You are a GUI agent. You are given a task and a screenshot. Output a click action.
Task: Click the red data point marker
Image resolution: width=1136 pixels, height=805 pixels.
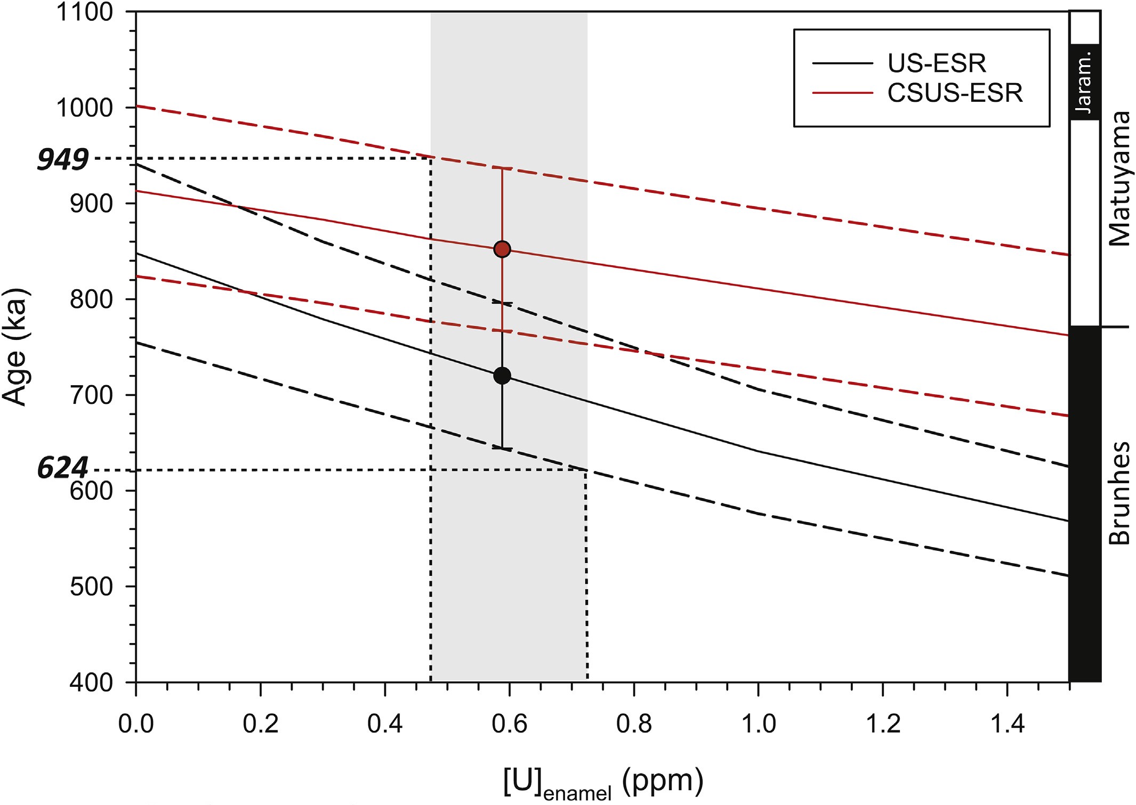502,249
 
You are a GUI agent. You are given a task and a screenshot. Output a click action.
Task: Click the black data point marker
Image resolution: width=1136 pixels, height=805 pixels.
502,376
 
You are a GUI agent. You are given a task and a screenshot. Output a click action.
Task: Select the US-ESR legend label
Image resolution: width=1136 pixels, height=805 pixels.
937,63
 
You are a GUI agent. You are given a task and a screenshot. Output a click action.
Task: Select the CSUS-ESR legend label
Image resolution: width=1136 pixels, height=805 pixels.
955,93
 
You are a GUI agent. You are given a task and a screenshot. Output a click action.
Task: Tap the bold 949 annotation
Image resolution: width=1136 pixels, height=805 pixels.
63,159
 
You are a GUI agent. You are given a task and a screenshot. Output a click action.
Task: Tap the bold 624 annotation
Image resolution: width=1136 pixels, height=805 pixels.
63,468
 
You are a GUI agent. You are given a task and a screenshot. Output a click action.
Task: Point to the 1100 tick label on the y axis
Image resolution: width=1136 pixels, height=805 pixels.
85,12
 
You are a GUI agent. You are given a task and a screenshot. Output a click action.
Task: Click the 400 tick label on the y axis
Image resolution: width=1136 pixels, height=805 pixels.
92,682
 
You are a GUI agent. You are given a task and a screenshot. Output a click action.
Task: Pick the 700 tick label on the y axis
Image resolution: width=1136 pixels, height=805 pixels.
92,395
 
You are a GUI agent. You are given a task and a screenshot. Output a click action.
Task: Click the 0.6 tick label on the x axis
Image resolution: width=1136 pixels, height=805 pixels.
510,724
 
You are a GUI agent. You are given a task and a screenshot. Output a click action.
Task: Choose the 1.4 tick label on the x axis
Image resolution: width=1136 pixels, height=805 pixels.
1007,724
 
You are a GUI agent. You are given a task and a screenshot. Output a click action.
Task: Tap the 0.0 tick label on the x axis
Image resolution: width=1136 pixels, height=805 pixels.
136,724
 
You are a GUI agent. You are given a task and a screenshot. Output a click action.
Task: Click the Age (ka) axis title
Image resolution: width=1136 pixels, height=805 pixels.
15,347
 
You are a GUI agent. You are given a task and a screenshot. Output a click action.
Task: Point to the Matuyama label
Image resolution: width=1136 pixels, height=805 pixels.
1118,178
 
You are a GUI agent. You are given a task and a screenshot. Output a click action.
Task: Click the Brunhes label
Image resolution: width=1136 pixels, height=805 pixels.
1118,493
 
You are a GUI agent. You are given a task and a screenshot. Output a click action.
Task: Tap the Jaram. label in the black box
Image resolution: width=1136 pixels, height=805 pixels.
1084,82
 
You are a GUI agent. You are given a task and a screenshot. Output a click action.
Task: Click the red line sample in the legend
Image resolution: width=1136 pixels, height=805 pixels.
842,93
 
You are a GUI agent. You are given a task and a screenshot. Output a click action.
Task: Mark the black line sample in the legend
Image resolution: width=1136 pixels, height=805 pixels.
842,63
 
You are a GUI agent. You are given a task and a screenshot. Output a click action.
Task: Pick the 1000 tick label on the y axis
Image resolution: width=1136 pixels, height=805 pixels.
85,108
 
